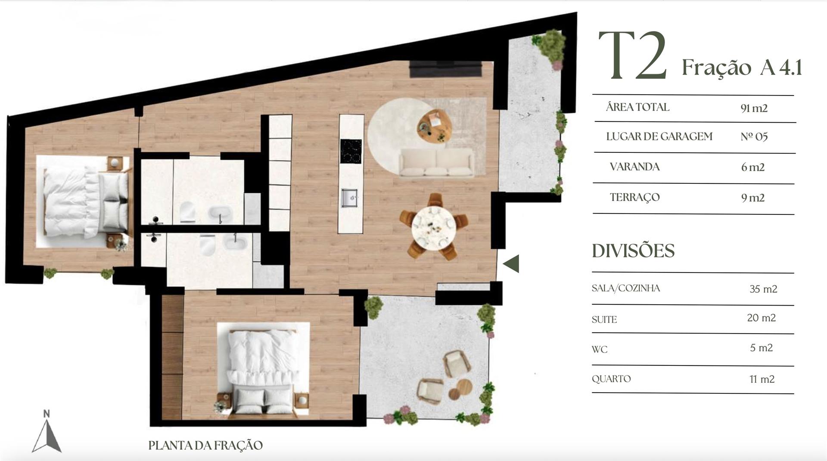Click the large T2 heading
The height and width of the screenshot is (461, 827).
click(632, 56)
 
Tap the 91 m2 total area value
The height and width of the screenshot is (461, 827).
click(754, 108)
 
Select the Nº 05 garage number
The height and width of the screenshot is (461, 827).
click(754, 137)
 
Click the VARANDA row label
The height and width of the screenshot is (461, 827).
click(634, 167)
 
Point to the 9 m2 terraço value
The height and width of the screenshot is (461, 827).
click(753, 198)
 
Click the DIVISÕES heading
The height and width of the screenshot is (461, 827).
click(633, 251)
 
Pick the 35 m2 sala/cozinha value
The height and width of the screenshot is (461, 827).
click(763, 289)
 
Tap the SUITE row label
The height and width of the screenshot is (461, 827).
click(604, 319)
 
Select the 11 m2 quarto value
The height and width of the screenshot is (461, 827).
click(762, 379)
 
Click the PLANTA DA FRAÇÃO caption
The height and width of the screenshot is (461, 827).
click(205, 445)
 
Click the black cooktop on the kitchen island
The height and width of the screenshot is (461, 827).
click(351, 151)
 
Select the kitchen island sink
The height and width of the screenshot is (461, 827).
click(350, 198)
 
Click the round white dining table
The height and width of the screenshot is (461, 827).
click(434, 227)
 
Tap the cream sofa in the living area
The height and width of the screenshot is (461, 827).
click(436, 162)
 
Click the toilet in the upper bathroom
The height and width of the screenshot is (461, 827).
click(188, 212)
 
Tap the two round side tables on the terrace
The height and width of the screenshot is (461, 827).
click(460, 389)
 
